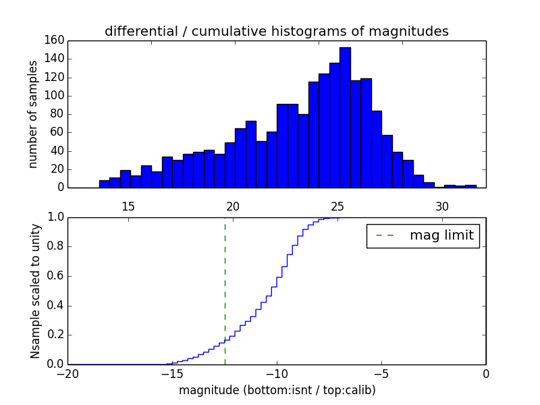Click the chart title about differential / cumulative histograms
[276, 31]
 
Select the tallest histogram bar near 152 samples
[345, 117]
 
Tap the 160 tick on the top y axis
[55, 40]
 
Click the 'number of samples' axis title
[32, 114]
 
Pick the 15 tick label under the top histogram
[128, 207]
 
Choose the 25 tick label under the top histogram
[337, 207]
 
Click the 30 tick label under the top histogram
[442, 207]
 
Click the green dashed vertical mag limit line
[225, 290]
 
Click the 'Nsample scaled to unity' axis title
[35, 291]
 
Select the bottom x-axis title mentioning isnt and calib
[277, 390]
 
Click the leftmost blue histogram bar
[104, 184]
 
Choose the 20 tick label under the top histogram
[233, 207]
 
